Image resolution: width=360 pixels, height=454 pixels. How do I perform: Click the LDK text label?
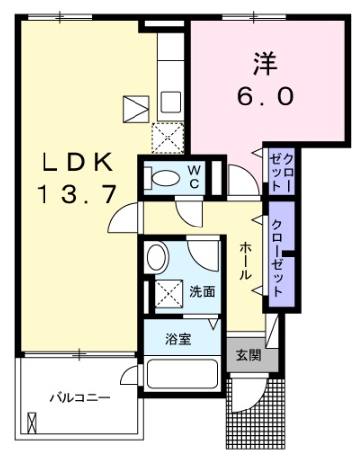pyautogui.click(x=70, y=162)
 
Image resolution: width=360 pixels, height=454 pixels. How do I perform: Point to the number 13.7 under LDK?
pyautogui.click(x=70, y=195)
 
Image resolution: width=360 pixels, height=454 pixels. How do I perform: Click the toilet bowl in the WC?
pyautogui.click(x=161, y=177)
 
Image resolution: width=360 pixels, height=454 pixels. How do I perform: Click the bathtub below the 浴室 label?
pyautogui.click(x=184, y=377)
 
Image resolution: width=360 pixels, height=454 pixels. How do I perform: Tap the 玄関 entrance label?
pyautogui.click(x=248, y=354)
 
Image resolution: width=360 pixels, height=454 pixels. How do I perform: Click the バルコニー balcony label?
pyautogui.click(x=80, y=398)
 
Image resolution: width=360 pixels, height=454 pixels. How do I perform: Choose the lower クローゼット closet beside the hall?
pyautogui.click(x=280, y=255)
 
